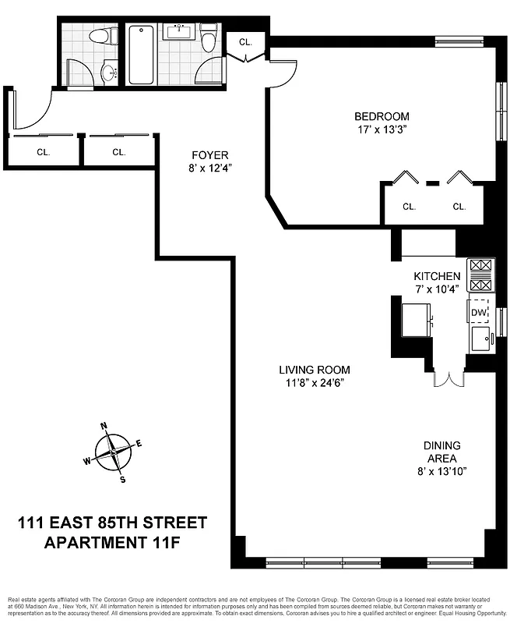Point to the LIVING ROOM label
coord(315,370)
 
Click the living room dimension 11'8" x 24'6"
coord(315,383)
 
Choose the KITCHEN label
coord(437,276)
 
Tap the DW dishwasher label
coord(478,314)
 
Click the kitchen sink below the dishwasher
coord(480,339)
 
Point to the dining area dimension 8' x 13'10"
coord(441,471)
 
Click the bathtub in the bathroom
coord(141,55)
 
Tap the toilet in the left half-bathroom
coord(102,36)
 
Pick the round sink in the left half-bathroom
coord(108,74)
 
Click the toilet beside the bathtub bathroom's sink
coord(209,39)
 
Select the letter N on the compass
coord(104,426)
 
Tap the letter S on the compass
coord(123,479)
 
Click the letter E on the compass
coord(139,443)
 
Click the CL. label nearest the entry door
coord(44,153)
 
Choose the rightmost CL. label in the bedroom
coord(459,207)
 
